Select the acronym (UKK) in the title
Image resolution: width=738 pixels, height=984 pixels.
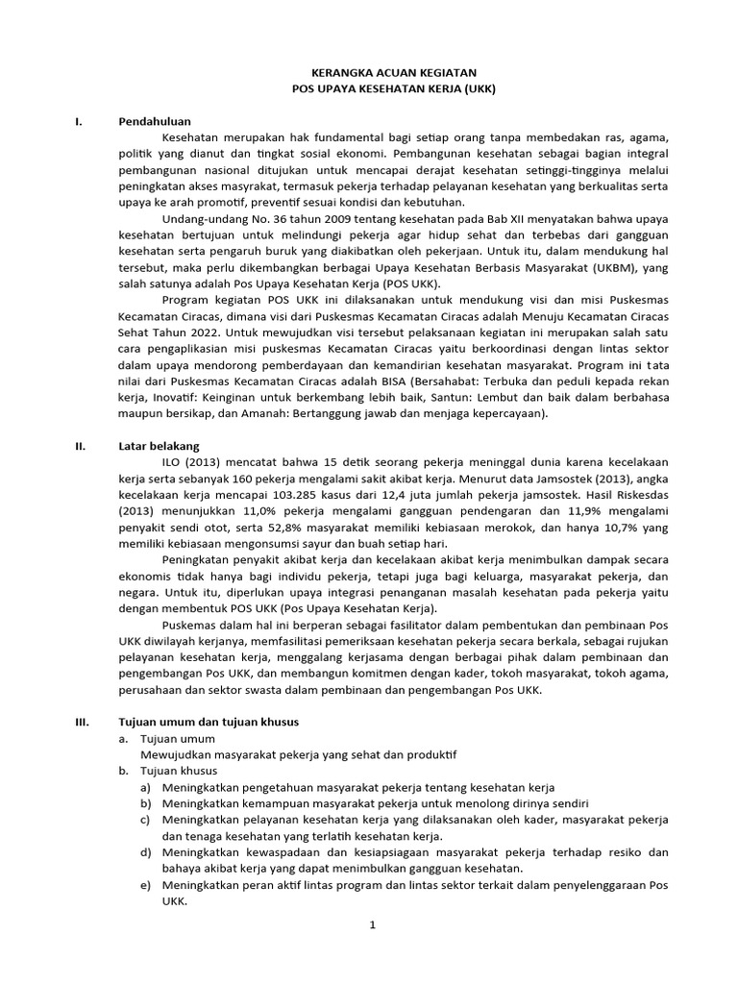click(473, 87)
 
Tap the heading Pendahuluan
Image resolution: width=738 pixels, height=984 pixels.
click(155, 122)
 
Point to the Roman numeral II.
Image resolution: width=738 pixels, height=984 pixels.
click(81, 446)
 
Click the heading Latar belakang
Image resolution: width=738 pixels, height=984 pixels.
click(159, 446)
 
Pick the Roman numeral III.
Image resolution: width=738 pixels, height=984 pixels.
click(82, 721)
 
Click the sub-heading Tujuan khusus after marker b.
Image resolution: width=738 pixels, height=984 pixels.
click(179, 770)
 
